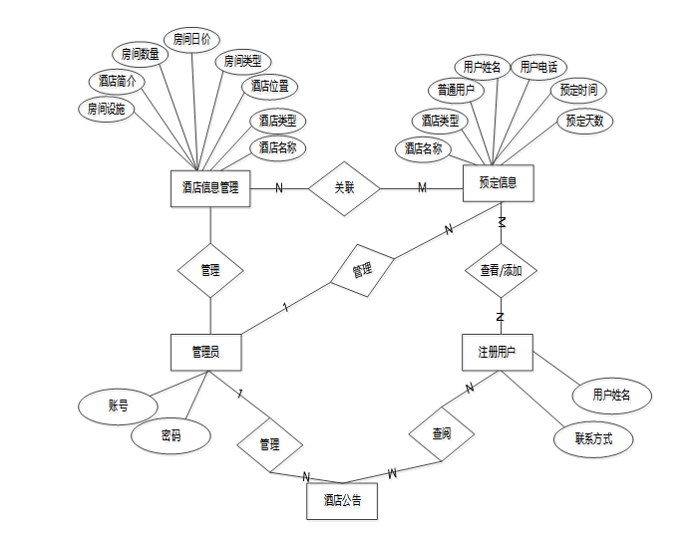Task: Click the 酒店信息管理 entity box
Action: [x=209, y=187]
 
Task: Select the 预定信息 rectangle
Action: [x=499, y=183]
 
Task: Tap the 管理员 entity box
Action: [x=205, y=352]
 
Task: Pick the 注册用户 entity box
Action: [x=498, y=352]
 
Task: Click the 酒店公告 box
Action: [x=342, y=501]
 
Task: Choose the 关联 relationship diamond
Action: [x=344, y=187]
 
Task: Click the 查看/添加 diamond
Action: [x=501, y=270]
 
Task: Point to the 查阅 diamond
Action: [x=441, y=433]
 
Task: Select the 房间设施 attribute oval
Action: [x=107, y=110]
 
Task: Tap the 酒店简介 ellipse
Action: [x=117, y=81]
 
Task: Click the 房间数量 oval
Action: [x=141, y=54]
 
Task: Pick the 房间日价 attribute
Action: [x=190, y=40]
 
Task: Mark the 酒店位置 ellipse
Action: [x=270, y=87]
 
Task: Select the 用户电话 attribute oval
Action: [x=538, y=67]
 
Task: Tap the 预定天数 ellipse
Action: [x=585, y=122]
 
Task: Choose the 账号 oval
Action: [x=119, y=406]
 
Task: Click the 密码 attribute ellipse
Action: [x=172, y=435]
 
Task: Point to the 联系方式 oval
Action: [x=593, y=438]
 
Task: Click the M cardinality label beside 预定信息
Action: [x=422, y=188]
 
